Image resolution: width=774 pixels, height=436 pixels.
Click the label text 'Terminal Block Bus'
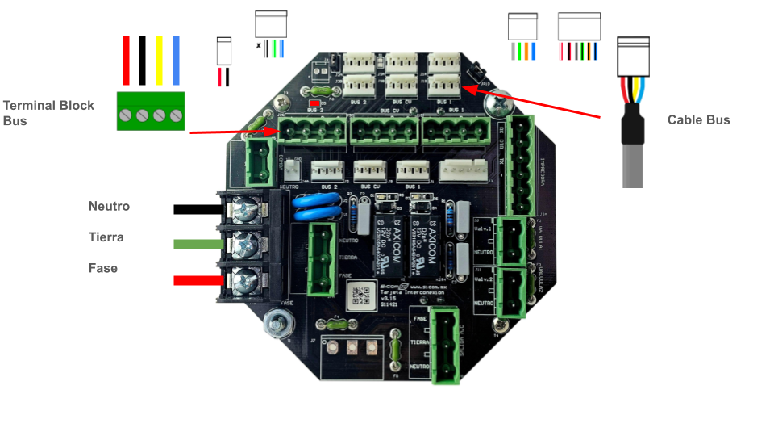48,113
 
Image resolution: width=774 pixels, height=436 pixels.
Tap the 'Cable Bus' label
698,120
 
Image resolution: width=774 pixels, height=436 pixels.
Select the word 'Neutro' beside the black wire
109,207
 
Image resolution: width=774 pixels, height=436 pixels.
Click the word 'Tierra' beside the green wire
107,237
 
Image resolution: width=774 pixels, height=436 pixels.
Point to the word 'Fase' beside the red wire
103,268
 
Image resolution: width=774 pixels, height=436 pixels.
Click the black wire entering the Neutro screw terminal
198,210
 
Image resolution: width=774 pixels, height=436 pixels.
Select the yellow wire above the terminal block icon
160,60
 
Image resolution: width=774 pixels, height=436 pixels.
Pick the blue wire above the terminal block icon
176,60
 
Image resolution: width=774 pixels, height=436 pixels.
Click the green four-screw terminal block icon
151,111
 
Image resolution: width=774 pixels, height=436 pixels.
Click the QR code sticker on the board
363,295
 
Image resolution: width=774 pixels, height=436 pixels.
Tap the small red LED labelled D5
315,104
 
